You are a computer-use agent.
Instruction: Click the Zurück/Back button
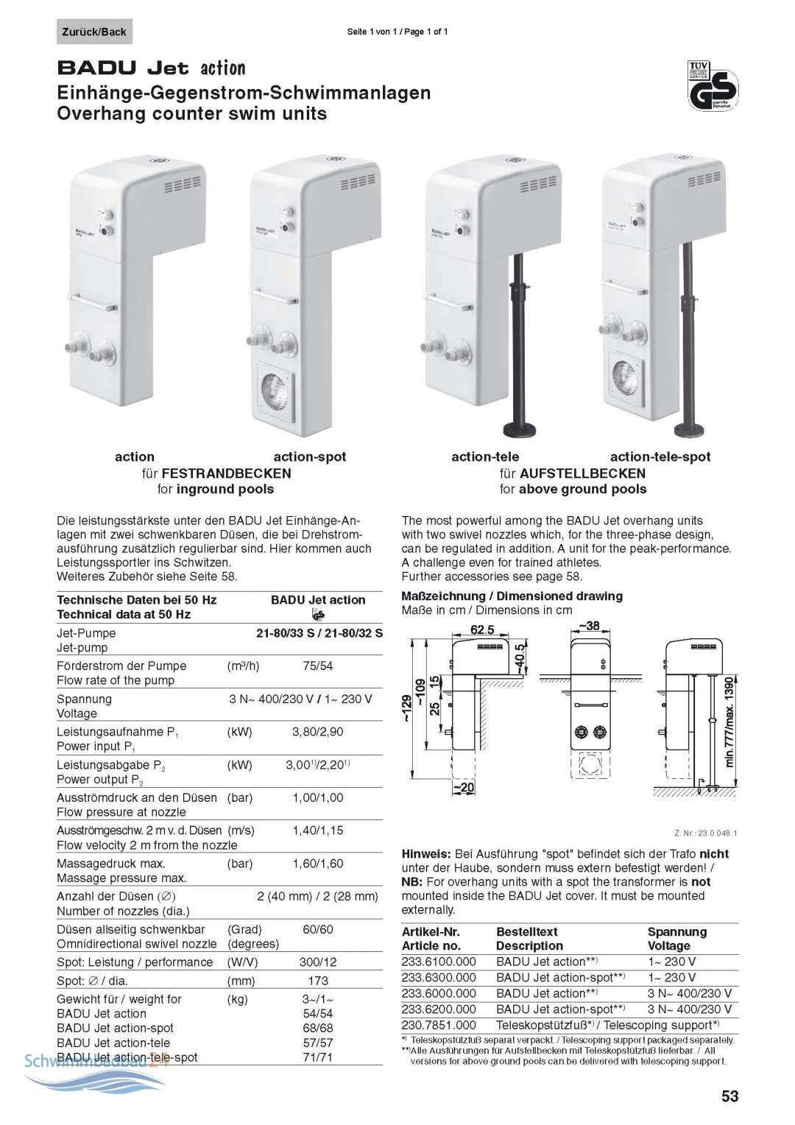[94, 32]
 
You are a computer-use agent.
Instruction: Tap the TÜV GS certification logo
[713, 85]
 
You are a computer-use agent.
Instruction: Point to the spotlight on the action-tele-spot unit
[626, 375]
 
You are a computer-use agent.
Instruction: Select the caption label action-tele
[485, 456]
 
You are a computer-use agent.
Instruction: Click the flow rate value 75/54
[317, 666]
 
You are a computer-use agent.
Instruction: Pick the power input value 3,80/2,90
[317, 732]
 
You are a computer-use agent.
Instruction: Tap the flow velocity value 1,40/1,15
[317, 830]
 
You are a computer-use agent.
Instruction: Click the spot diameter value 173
[318, 981]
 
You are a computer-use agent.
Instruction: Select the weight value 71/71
[317, 1057]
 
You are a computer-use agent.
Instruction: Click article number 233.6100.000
[439, 962]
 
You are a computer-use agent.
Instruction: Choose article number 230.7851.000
[439, 1025]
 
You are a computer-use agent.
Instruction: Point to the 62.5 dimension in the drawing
[482, 629]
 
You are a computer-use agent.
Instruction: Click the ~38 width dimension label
[589, 626]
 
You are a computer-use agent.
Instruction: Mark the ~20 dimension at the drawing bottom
[464, 788]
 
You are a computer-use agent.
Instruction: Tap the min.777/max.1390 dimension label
[729, 722]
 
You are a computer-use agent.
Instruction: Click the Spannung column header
[677, 931]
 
